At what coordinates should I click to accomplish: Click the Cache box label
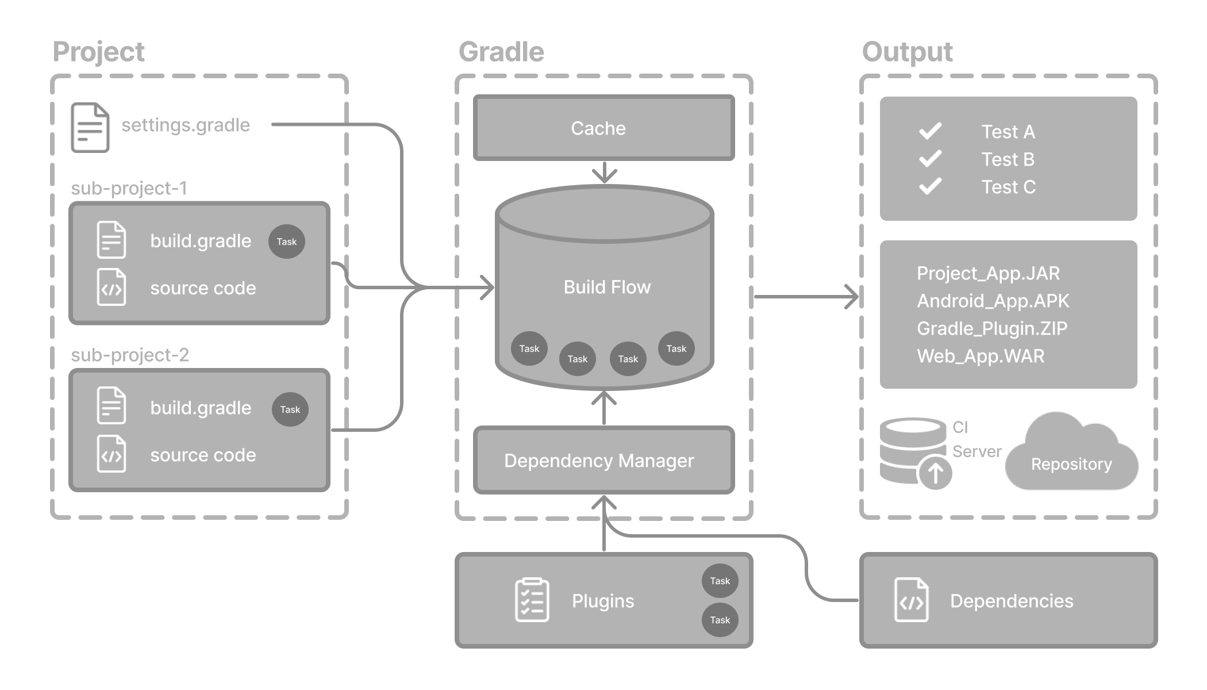(598, 128)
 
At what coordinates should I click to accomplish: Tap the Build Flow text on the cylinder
(607, 287)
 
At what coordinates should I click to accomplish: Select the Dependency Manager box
(599, 461)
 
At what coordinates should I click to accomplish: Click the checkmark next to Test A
(930, 131)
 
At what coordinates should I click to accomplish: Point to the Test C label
(1008, 187)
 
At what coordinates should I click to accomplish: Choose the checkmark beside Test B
(930, 159)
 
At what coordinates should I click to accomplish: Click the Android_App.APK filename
(993, 301)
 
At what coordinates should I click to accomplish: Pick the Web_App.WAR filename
(981, 356)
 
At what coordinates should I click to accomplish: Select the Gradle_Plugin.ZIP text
(991, 328)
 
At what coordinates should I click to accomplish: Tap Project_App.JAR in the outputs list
(988, 273)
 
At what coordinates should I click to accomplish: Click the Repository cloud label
(1071, 464)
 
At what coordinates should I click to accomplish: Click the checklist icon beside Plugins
(532, 600)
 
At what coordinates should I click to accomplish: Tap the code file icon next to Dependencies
(911, 600)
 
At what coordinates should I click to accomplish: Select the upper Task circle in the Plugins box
(720, 581)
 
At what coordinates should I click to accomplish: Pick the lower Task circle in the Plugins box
(720, 620)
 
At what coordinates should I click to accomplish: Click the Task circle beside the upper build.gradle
(286, 241)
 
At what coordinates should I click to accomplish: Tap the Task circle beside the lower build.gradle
(290, 409)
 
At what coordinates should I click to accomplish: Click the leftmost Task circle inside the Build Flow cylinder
(529, 348)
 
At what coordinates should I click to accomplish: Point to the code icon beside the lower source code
(111, 454)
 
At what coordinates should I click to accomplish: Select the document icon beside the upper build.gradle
(111, 240)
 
